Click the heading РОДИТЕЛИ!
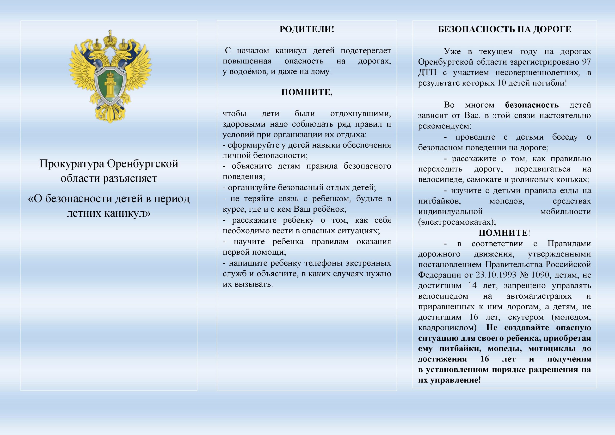click(307, 29)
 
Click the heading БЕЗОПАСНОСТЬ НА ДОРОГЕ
click(504, 29)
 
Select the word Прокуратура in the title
click(72, 164)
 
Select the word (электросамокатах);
click(457, 222)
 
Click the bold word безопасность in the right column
click(532, 105)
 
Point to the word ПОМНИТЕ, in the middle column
click(307, 92)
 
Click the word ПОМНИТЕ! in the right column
click(504, 233)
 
